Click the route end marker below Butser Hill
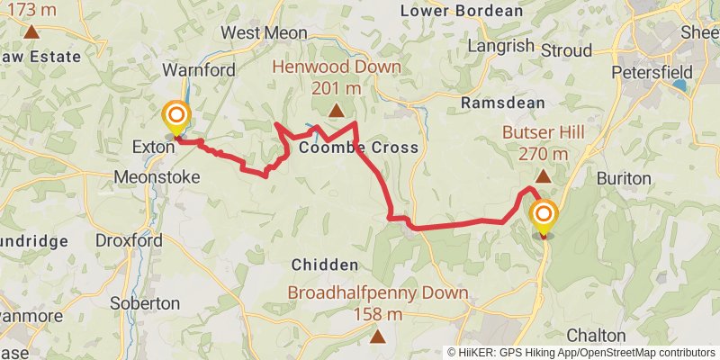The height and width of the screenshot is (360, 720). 544,215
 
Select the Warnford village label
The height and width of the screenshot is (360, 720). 199,69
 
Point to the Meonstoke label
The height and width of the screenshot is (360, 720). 157,177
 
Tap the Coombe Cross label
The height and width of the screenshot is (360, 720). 358,147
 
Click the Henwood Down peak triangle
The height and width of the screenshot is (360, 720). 336,111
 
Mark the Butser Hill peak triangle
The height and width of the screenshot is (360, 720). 543,176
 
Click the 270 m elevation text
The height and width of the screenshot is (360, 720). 544,154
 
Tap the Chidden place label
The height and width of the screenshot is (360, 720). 325,265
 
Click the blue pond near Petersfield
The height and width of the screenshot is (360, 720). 679,85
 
